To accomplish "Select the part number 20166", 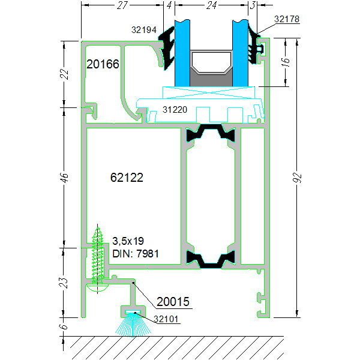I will [103, 64].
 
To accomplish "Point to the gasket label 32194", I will [144, 28].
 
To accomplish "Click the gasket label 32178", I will [287, 19].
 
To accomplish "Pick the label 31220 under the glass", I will [175, 110].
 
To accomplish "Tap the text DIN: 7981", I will [136, 253].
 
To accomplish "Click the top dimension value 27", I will [122, 5].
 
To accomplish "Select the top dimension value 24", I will [211, 5].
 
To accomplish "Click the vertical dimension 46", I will [65, 178].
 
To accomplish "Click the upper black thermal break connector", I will [210, 134].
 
